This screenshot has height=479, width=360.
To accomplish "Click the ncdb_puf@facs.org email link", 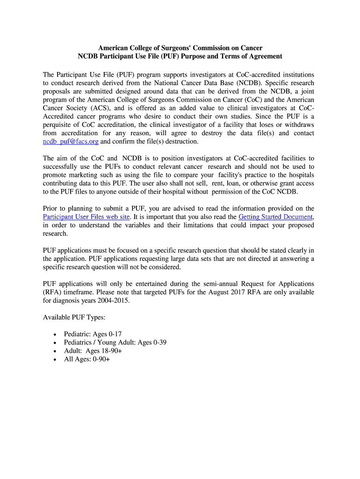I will click(71, 141).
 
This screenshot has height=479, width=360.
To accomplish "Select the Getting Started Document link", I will click(275, 217).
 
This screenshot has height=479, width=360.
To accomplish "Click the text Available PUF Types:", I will click(74, 317).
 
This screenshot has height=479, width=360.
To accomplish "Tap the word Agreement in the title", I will click(265, 56).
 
